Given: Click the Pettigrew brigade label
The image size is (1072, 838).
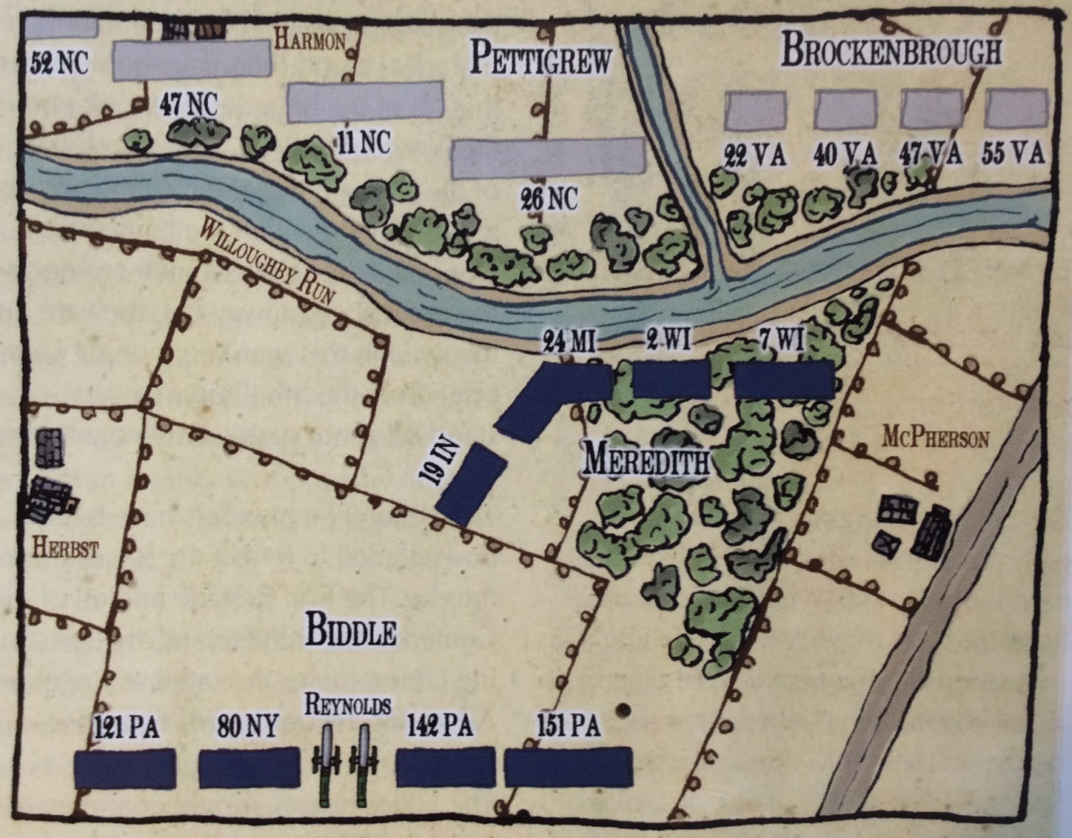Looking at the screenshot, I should (x=541, y=58).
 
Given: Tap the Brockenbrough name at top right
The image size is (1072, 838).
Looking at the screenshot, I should (x=891, y=51).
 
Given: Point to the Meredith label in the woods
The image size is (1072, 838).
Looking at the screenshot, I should (x=646, y=461).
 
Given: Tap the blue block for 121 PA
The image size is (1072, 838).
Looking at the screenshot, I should (x=125, y=768).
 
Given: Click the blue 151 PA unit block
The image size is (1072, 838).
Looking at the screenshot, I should (x=568, y=767).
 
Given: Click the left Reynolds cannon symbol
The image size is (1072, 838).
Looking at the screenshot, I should (x=326, y=764).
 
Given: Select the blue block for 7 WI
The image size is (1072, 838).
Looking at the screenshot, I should (x=784, y=380).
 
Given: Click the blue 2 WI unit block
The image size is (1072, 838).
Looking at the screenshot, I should (x=671, y=379).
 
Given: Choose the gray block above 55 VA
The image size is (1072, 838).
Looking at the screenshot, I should (x=1016, y=109).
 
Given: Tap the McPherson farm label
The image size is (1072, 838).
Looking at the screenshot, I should (x=935, y=439).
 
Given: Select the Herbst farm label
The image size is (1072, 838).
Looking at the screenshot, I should (x=64, y=549).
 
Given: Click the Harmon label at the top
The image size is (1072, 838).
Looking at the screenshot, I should (x=310, y=41).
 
